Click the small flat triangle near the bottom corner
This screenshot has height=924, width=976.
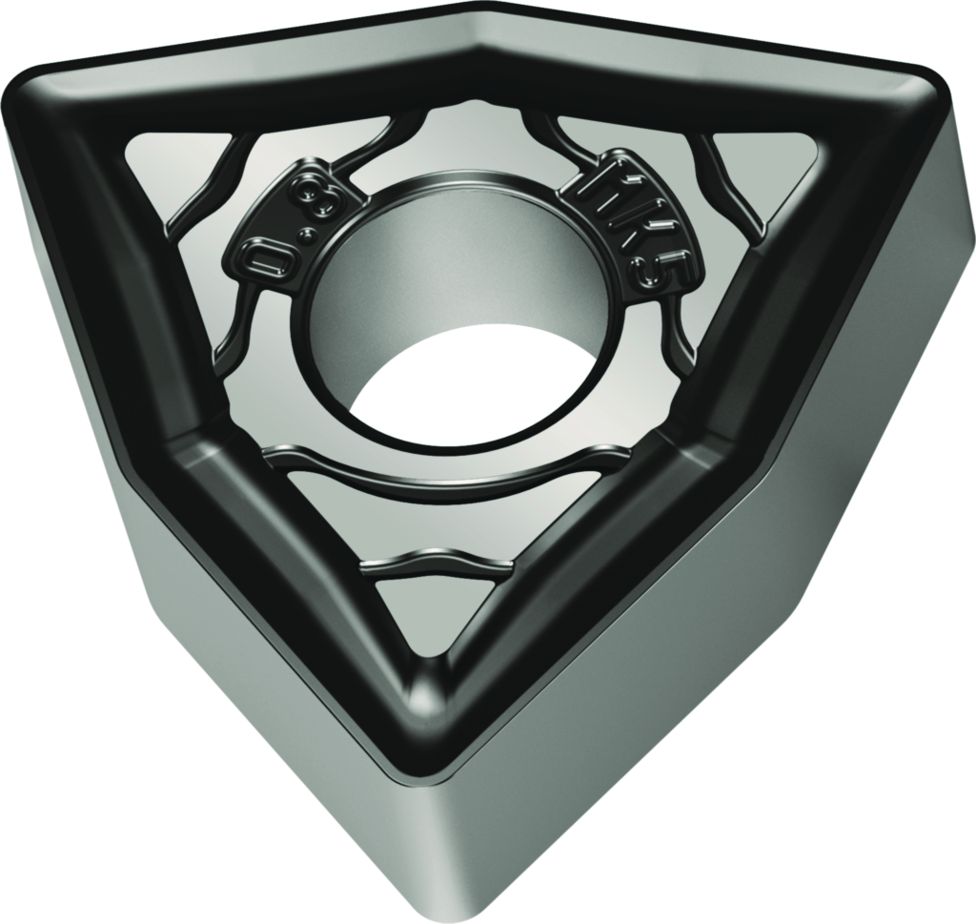click(429, 615)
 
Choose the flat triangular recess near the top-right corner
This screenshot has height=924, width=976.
click(762, 162)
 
